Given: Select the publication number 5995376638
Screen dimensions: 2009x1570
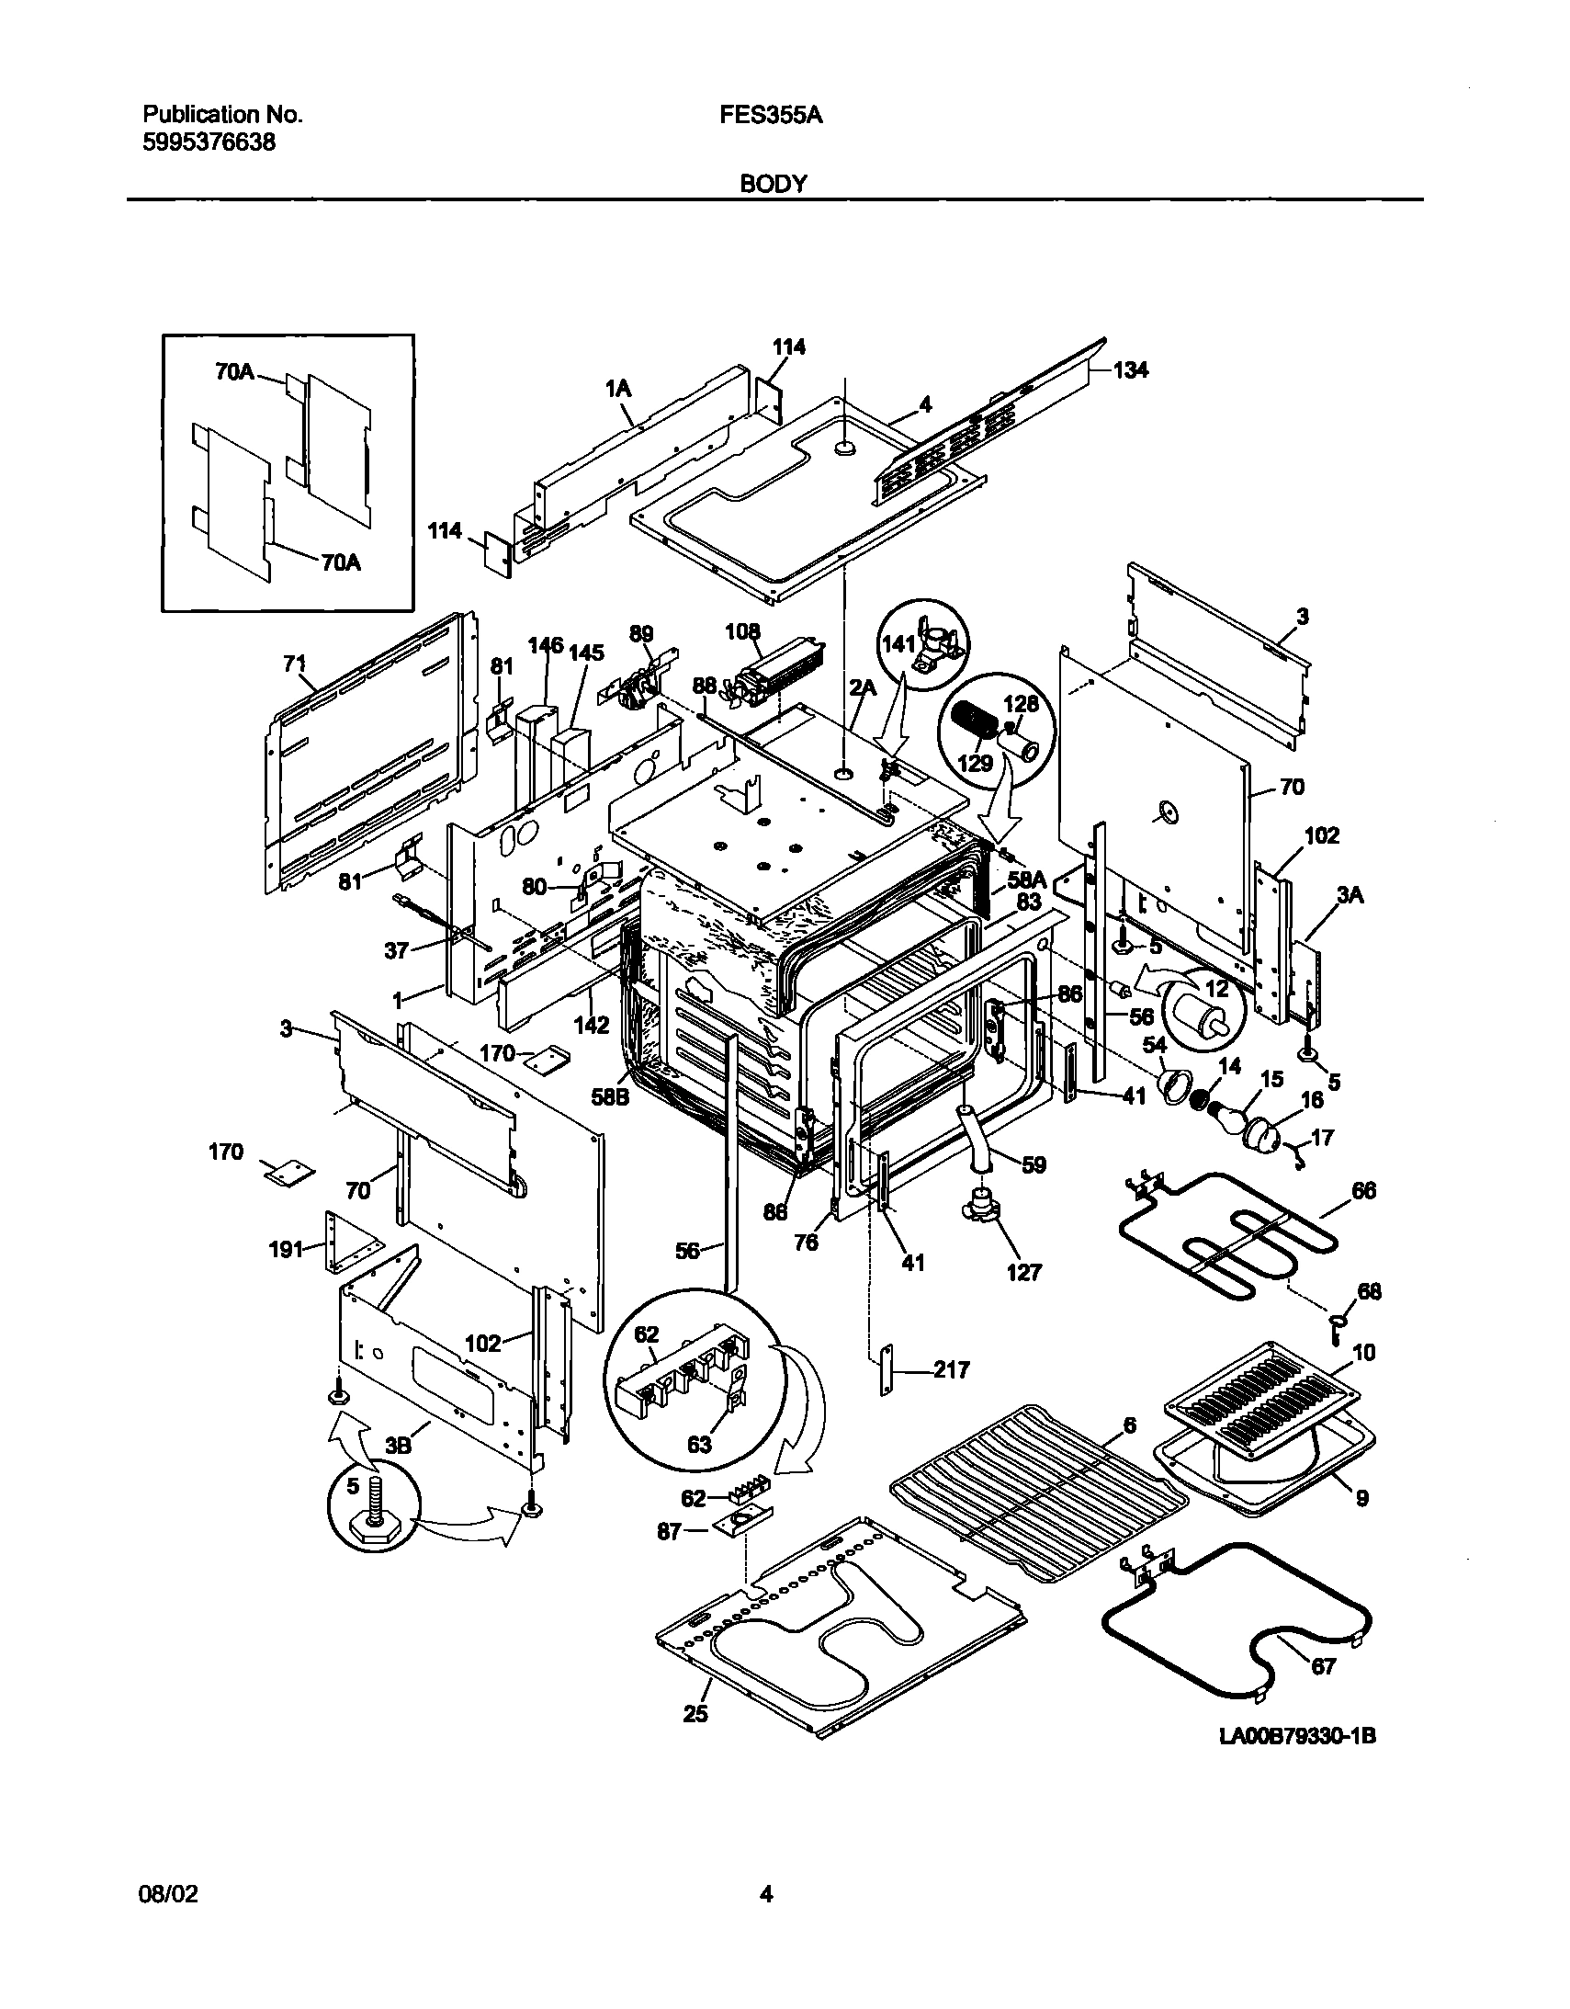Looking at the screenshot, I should click(x=209, y=142).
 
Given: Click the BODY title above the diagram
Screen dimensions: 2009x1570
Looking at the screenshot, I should click(x=774, y=184).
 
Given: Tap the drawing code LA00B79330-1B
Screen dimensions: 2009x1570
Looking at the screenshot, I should click(x=1297, y=1737).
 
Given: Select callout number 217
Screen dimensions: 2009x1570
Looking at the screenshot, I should click(x=951, y=1369).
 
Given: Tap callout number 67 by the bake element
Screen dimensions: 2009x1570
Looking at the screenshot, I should click(x=1323, y=1666).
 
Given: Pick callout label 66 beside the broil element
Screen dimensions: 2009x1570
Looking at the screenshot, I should click(x=1363, y=1190).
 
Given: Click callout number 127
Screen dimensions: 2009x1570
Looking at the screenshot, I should click(x=1023, y=1272).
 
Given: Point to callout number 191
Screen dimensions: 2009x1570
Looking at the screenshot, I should click(x=285, y=1248).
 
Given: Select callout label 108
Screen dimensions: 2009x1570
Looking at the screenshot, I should click(x=742, y=631).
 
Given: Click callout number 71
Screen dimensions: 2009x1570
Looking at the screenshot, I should click(x=294, y=664).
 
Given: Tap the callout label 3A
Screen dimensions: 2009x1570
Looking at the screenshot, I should click(x=1350, y=893).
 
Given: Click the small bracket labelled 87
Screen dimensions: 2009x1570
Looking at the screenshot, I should click(x=740, y=1527).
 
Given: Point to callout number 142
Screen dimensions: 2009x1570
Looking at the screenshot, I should click(x=592, y=1025).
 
